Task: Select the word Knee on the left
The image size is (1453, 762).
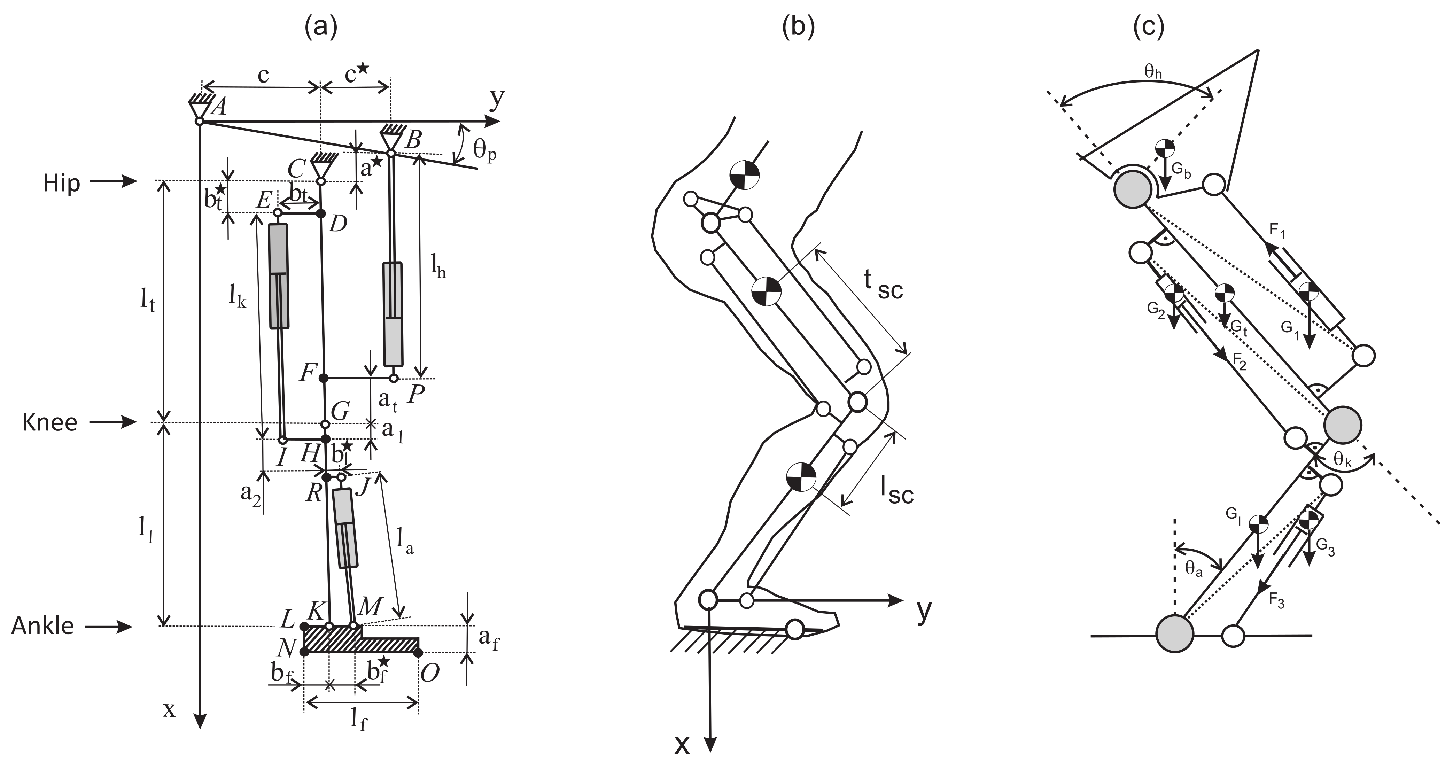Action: tap(50, 422)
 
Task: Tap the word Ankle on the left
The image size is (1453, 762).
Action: tap(43, 626)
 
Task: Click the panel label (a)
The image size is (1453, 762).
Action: tap(320, 27)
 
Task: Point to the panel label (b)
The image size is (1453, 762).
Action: tap(798, 27)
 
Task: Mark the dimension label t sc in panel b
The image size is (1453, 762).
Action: tap(883, 285)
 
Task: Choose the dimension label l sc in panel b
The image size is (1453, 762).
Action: tap(896, 490)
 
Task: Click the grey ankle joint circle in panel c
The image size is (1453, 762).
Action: tap(1174, 635)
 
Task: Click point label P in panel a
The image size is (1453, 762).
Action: tap(416, 394)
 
